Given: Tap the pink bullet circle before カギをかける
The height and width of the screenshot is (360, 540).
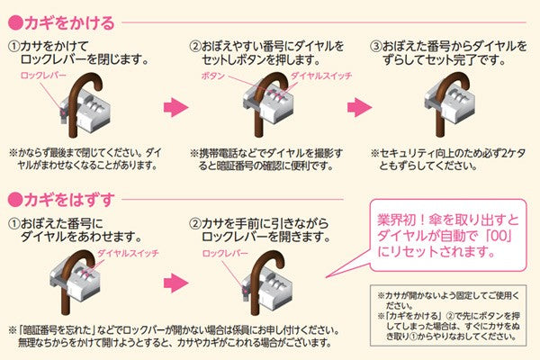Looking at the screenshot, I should [x=14, y=18].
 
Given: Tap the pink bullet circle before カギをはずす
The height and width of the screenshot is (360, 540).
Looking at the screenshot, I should [x=14, y=195].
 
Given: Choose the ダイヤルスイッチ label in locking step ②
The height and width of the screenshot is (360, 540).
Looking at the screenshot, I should [x=293, y=77].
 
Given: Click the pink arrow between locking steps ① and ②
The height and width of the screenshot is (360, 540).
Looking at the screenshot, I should [x=173, y=107].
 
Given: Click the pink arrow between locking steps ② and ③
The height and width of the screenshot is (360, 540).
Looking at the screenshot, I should [x=357, y=107].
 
